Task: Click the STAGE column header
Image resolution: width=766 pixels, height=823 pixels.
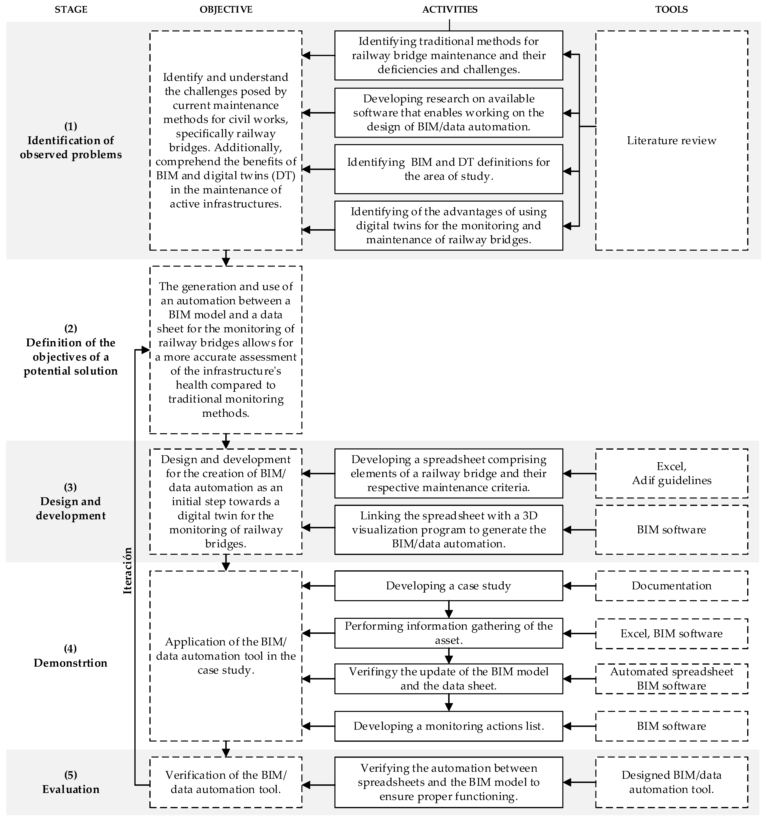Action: point(71,10)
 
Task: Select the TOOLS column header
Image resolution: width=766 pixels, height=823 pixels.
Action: point(671,10)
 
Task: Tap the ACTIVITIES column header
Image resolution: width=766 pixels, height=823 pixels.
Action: point(450,10)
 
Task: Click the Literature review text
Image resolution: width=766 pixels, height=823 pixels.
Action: point(671,141)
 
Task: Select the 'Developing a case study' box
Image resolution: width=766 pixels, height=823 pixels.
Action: point(448,586)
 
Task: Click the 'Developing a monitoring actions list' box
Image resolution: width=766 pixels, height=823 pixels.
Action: point(448,726)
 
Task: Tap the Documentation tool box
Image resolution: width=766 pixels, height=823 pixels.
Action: point(671,586)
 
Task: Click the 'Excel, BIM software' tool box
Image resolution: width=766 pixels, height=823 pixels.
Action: point(671,633)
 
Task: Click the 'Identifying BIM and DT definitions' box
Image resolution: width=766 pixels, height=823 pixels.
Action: point(448,169)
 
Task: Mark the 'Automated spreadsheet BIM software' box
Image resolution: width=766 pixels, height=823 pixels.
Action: point(671,679)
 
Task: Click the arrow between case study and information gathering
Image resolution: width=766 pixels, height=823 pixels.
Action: point(448,609)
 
